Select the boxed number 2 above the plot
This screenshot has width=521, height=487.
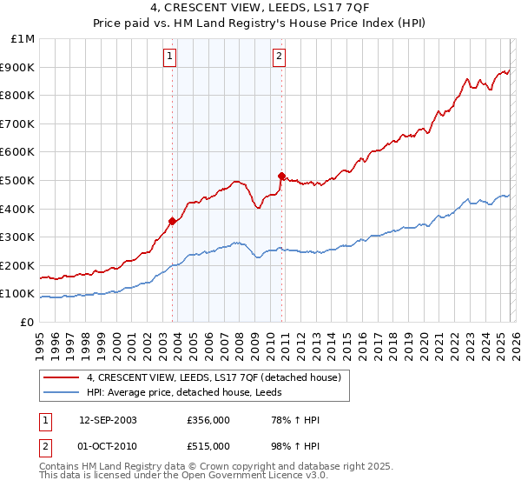pos(279,57)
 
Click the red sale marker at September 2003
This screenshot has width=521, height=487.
pos(172,221)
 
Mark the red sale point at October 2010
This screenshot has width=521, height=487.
pos(281,176)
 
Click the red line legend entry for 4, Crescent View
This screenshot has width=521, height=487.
pos(217,377)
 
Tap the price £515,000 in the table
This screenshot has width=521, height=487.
pos(208,445)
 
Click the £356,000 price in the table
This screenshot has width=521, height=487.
pos(208,420)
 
